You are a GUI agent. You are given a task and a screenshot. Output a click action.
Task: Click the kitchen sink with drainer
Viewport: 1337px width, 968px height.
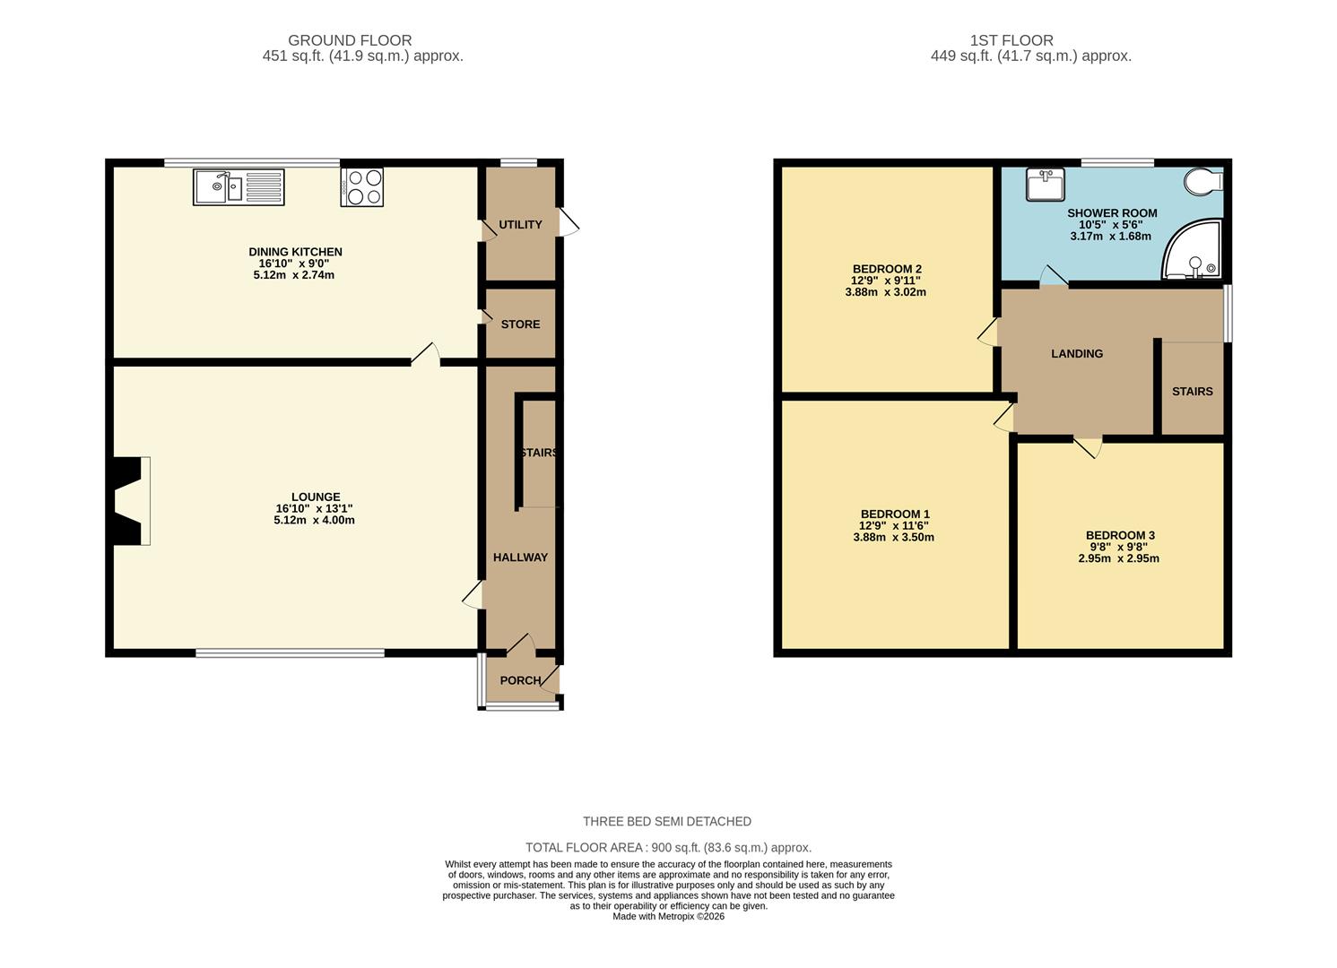(239, 187)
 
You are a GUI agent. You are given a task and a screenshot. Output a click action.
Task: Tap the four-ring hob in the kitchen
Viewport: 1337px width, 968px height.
(362, 188)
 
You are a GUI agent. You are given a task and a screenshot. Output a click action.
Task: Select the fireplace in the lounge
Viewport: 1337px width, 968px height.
(129, 500)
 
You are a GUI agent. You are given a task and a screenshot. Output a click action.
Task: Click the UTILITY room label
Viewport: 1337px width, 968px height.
(520, 224)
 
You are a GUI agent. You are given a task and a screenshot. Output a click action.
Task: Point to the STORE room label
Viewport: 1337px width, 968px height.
(520, 324)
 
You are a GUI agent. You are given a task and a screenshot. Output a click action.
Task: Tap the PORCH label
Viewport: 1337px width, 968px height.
(520, 680)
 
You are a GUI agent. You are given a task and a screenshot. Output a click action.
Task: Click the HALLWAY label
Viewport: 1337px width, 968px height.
(520, 557)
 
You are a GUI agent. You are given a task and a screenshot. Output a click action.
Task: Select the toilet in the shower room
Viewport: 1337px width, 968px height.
(1202, 182)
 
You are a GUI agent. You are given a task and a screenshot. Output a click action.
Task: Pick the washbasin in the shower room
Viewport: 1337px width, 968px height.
(1045, 186)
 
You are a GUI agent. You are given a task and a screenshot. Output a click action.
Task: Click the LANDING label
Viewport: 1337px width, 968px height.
(1077, 354)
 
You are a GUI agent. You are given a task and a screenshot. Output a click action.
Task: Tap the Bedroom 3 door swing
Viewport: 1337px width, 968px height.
(1088, 447)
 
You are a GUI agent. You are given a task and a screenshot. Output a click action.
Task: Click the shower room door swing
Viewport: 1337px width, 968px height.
(1053, 277)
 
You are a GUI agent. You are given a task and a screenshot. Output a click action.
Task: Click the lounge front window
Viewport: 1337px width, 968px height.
(291, 653)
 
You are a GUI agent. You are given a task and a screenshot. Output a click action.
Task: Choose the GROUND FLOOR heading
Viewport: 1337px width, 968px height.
(350, 40)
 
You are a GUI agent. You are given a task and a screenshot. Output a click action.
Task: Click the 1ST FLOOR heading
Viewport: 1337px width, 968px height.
(1011, 40)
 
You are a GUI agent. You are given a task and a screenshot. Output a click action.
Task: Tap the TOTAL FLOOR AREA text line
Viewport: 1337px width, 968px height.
(668, 848)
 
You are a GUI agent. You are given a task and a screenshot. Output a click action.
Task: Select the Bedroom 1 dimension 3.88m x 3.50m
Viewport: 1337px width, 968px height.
(893, 538)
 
